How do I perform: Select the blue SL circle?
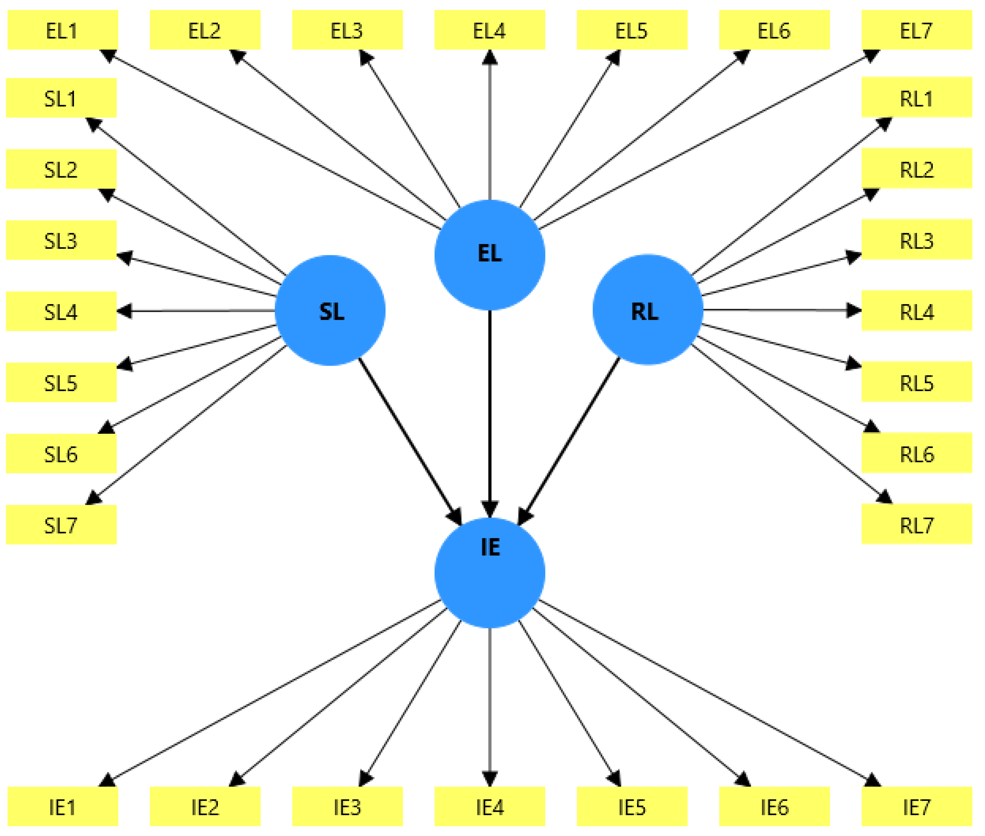coord(330,310)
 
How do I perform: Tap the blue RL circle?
coord(648,310)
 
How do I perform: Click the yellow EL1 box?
coord(62,30)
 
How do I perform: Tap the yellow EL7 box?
coord(916,30)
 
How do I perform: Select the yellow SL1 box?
coord(61,98)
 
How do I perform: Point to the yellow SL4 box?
coord(61,311)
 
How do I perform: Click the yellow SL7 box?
coord(61,524)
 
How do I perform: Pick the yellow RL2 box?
coord(916,168)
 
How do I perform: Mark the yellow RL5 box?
coord(916,382)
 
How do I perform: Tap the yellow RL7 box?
coord(916,524)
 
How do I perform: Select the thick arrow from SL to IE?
coord(410,441)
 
